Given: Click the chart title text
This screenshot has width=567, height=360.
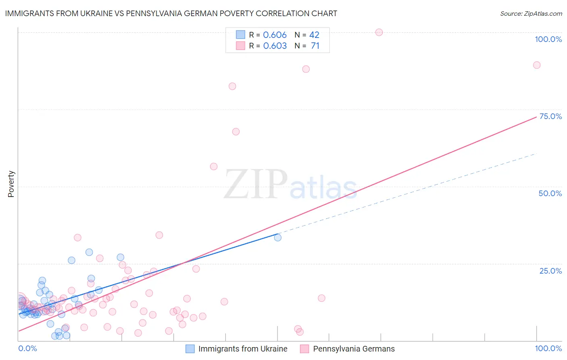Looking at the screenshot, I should click(171, 13).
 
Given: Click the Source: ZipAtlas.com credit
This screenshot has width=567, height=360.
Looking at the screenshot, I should click(531, 14).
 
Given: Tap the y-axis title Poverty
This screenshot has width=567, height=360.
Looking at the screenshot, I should click(11, 184).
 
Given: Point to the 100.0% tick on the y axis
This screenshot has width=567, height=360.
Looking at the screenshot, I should click(548, 39).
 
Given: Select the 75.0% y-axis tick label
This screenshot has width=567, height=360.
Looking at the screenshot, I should click(550, 116).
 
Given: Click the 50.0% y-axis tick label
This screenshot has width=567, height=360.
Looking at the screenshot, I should click(550, 193).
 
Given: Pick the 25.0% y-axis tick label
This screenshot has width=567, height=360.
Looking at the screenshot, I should click(550, 271).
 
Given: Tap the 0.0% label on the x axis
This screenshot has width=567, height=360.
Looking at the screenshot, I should click(27, 348).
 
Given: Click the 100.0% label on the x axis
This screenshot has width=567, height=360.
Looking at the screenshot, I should click(548, 348).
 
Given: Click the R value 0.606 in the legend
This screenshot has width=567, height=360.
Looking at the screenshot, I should click(275, 35).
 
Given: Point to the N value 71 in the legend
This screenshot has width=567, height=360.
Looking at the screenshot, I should click(315, 46).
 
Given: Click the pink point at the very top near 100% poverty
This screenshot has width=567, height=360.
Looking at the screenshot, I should click(379, 32).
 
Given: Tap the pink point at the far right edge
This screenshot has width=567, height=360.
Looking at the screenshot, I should click(537, 65).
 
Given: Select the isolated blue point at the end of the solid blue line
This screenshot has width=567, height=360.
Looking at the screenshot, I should click(278, 238).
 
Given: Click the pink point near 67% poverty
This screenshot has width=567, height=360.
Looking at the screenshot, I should click(236, 132).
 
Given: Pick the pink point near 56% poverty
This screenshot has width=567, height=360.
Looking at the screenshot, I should click(214, 167).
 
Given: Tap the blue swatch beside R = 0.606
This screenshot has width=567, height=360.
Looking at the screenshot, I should click(241, 35).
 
